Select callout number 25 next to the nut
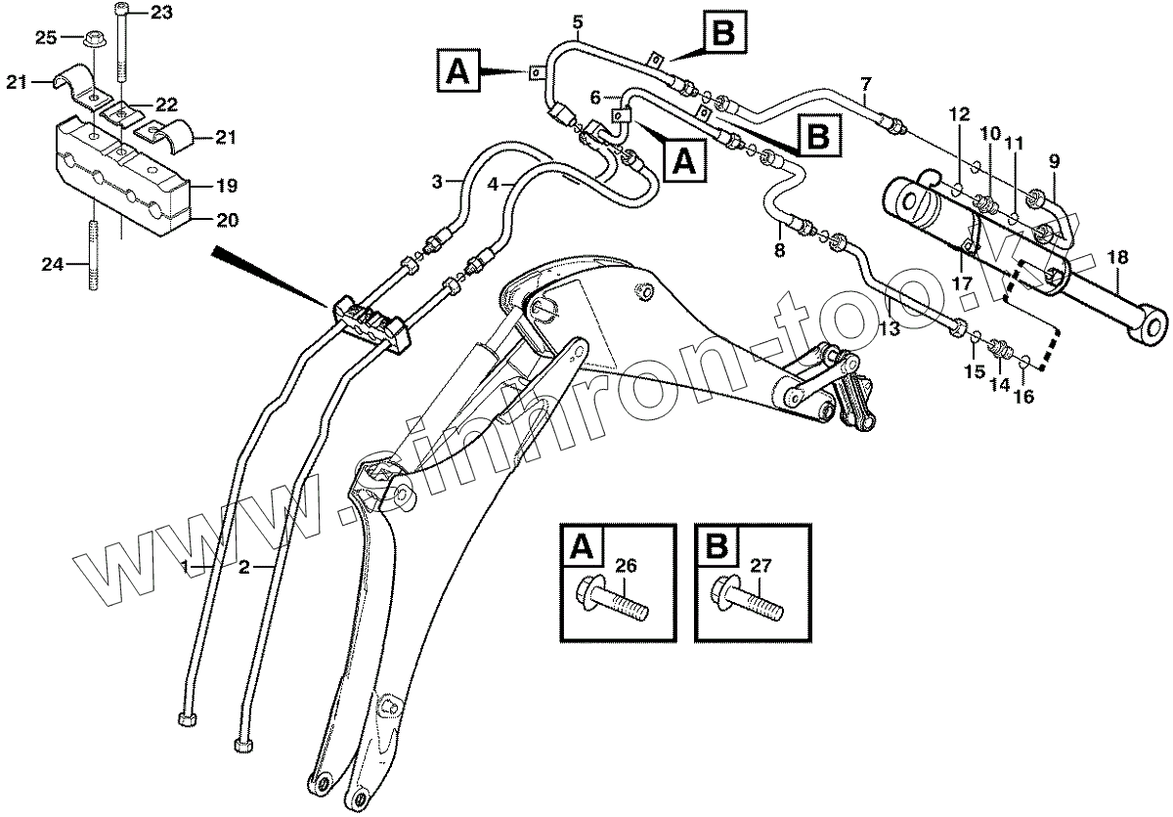tap(46, 37)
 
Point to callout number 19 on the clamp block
tap(227, 185)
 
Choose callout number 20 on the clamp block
tap(227, 221)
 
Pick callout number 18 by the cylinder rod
tap(1117, 258)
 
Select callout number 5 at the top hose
tap(577, 21)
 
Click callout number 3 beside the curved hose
tap(439, 181)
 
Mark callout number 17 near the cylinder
tap(963, 282)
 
